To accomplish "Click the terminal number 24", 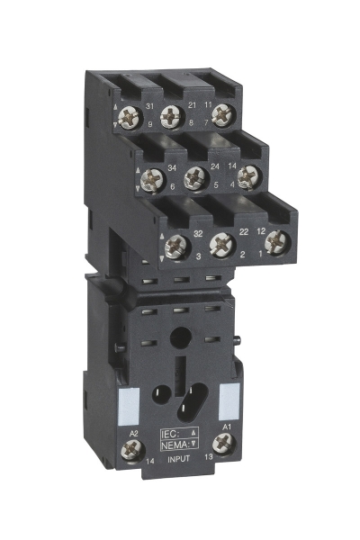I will [x=211, y=166].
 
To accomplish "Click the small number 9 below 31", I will [x=150, y=123].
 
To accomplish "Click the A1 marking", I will [x=227, y=424].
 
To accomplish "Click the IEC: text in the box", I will [x=171, y=432].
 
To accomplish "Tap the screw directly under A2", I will [x=129, y=449].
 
